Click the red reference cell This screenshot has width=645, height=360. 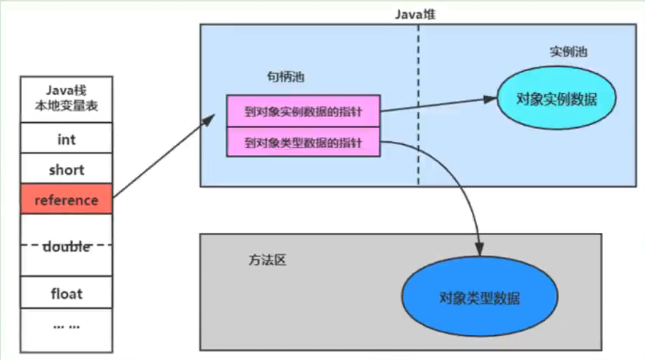[66, 200]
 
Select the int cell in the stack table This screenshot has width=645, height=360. [66, 139]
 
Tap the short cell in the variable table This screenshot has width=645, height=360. [66, 170]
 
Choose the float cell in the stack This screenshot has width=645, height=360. [66, 293]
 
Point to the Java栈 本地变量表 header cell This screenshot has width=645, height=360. [66, 99]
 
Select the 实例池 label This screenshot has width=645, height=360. [568, 53]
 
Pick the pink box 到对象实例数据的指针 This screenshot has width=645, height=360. [303, 111]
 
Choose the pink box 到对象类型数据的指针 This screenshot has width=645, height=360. [303, 143]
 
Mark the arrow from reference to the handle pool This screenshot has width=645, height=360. [163, 156]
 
